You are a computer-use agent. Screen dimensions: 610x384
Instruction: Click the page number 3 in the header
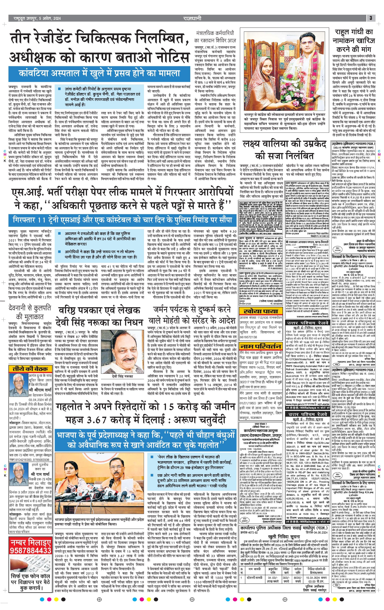pos(371,18)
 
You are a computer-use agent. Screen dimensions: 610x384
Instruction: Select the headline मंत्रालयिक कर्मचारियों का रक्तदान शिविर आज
pos(215,37)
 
